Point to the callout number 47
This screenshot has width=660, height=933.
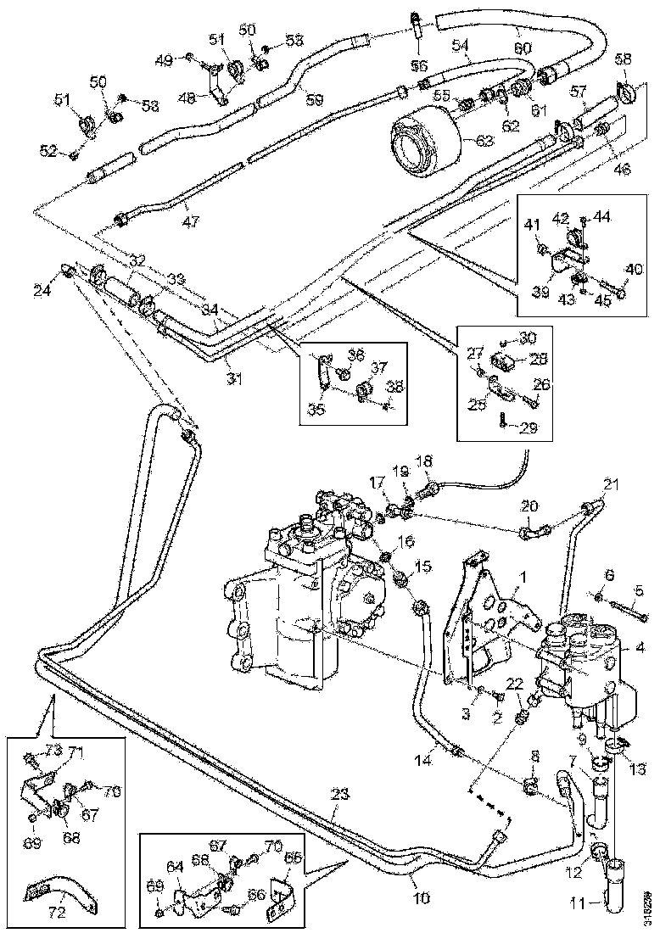[191, 222]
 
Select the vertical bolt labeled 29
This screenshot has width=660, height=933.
[502, 417]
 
